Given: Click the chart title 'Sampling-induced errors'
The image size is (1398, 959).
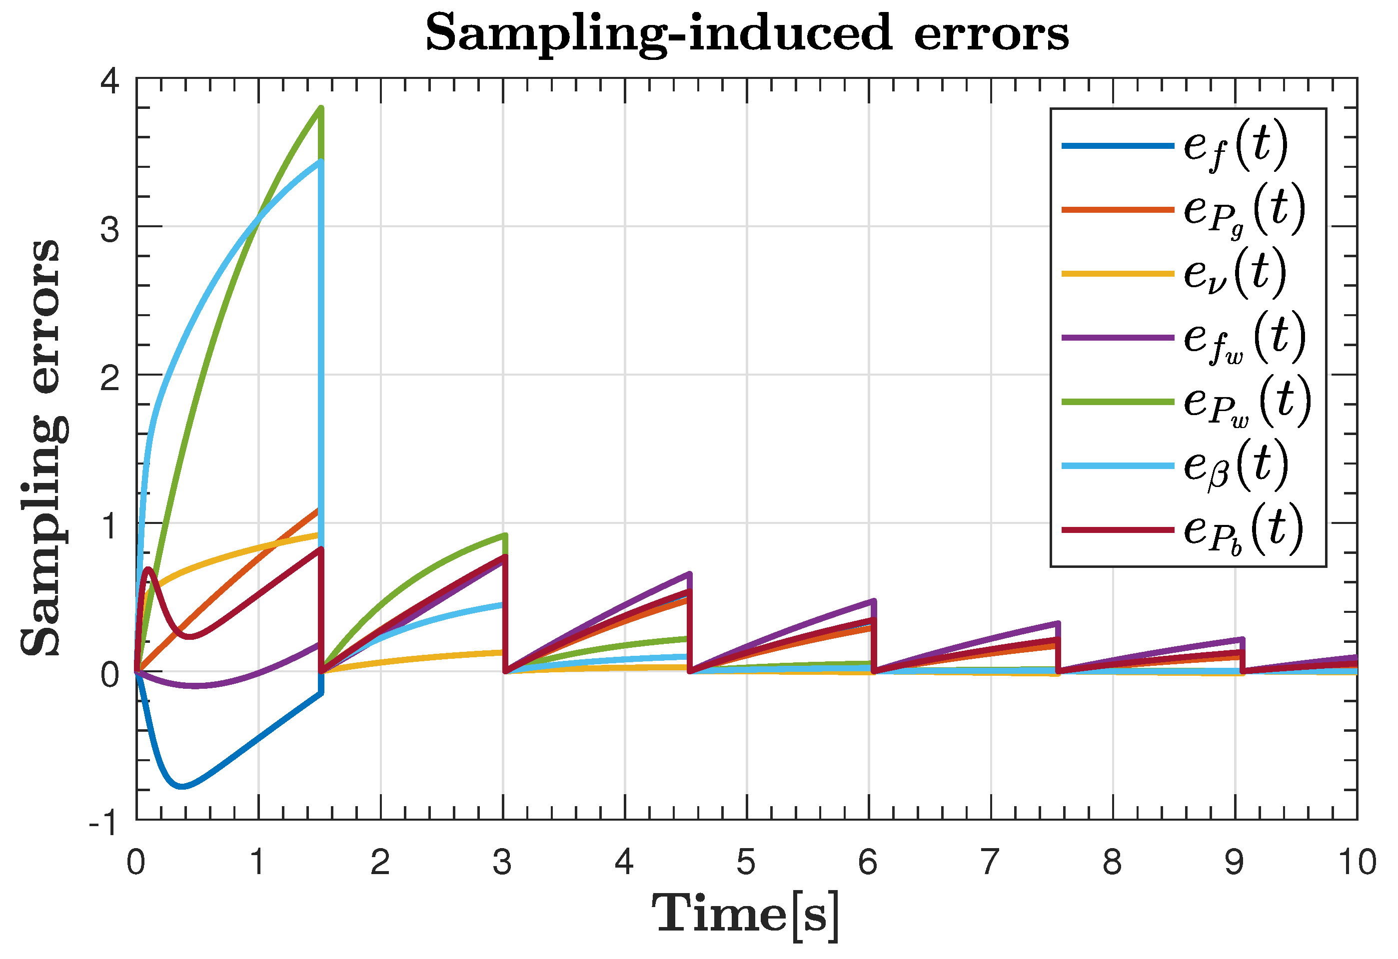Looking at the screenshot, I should pos(747,33).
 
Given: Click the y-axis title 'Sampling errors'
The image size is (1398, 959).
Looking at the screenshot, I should pos(41,448).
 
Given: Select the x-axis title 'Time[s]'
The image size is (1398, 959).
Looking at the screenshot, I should pos(746,917).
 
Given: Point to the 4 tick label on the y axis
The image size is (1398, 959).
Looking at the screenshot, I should pos(110,80).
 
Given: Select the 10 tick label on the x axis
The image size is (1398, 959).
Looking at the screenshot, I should pos(1357,862).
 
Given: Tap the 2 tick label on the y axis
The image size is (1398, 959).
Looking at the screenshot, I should pos(110,378).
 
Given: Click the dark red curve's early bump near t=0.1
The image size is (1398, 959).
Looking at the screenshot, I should pos(148,568).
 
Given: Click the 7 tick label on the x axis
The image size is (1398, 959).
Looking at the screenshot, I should pos(991,862).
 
